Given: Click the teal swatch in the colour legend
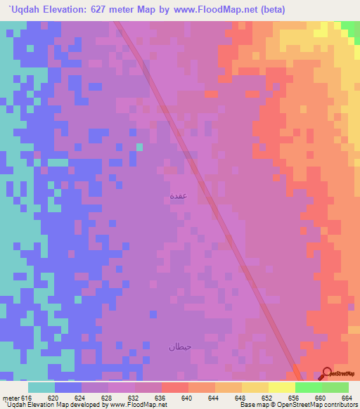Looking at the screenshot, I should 41,387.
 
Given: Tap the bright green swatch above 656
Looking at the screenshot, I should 308,387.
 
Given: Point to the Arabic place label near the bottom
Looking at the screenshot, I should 179,346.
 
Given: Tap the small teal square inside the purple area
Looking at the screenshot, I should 139,147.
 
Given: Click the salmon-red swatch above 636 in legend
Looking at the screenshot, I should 174,387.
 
